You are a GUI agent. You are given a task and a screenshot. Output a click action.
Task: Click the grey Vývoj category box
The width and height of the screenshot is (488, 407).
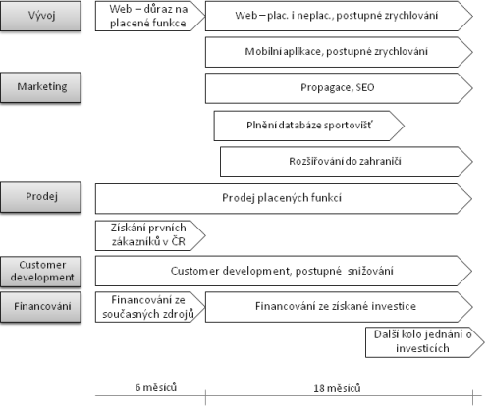pos(40,16)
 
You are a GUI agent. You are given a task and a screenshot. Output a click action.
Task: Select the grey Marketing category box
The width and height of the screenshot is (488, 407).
pos(40,87)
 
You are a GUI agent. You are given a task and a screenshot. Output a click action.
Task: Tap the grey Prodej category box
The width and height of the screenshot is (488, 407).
pos(40,197)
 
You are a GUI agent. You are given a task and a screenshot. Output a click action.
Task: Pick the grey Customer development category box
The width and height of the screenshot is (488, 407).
pos(40,272)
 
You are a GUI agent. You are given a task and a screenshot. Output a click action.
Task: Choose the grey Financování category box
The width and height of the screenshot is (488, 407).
pos(40,307)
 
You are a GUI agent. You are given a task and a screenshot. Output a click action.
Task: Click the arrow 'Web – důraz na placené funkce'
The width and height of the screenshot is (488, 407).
pos(150,16)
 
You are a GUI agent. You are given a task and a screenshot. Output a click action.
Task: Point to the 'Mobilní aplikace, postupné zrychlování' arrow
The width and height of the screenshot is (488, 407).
pos(339,52)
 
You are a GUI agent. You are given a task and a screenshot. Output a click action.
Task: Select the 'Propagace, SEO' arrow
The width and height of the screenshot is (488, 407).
pos(339,88)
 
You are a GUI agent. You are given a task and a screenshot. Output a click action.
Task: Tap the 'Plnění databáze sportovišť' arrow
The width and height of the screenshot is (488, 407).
pos(309,126)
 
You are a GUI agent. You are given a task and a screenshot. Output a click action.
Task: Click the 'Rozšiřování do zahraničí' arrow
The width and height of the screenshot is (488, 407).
pos(347,162)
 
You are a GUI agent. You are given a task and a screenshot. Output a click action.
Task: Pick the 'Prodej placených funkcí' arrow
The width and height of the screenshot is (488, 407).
pos(284,198)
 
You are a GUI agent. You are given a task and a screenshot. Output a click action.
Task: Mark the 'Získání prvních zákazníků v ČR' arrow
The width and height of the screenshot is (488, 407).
pos(150,235)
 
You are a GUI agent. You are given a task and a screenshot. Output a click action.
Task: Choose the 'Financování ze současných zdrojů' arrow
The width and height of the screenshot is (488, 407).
pos(150,307)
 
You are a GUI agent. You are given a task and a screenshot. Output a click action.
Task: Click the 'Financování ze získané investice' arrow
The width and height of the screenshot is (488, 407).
pos(339,307)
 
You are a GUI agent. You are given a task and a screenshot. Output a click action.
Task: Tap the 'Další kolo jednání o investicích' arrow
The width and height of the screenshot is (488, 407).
pos(424,342)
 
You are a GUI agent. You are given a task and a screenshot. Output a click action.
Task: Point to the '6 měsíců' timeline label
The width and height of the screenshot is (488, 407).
pos(156,387)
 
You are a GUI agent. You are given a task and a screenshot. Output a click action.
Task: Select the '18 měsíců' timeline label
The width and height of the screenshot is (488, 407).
pos(337,388)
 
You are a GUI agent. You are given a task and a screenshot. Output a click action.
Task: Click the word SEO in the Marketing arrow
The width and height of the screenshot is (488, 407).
pos(365,87)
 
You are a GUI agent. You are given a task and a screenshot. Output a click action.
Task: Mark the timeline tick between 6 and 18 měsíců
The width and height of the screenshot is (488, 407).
pos(205,397)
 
